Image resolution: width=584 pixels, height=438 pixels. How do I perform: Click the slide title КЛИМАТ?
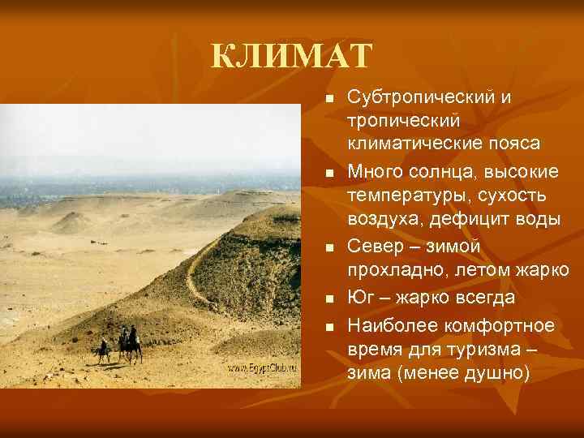tap(291, 58)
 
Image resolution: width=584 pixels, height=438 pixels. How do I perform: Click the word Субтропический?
tap(420, 97)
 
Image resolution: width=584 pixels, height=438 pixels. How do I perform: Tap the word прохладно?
tap(395, 269)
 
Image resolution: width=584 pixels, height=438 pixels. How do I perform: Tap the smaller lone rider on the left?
tap(103, 350)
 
